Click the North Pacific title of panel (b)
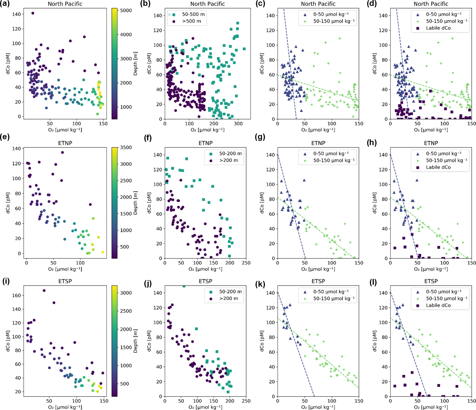click(x=208, y=4)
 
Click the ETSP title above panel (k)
click(x=318, y=281)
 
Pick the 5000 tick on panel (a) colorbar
click(x=126, y=11)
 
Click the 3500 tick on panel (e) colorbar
click(x=126, y=147)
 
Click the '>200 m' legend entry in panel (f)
click(x=230, y=160)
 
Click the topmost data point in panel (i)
click(x=44, y=291)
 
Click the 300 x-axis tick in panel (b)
click(x=239, y=124)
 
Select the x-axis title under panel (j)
click(x=205, y=407)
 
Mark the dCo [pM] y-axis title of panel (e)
click(x=8, y=202)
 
